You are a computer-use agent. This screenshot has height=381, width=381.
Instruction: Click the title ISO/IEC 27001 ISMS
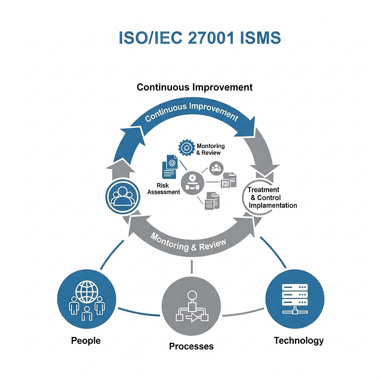(200, 38)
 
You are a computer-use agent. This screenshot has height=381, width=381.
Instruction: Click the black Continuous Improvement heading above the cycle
(195, 87)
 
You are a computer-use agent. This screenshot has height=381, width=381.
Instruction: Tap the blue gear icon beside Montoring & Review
(186, 148)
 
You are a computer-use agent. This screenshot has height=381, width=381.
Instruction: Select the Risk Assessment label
(163, 189)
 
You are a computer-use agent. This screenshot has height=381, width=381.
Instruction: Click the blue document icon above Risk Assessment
(170, 167)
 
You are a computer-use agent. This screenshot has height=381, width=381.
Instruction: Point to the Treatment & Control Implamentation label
(272, 197)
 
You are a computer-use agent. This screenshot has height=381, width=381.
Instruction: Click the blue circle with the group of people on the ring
(123, 196)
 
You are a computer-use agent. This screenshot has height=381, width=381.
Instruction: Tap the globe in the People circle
(87, 291)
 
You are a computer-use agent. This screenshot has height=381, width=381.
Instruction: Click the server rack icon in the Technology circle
(295, 299)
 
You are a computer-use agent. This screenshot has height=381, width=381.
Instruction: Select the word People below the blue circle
(86, 341)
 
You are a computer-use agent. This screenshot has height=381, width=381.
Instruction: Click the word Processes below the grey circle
(191, 346)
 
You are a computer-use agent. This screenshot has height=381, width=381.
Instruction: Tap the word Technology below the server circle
(299, 341)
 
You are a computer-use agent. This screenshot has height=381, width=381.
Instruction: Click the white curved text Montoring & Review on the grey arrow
(188, 244)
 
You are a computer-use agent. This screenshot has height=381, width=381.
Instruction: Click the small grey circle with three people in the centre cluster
(216, 168)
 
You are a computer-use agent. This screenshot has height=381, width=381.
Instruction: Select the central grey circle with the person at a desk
(192, 183)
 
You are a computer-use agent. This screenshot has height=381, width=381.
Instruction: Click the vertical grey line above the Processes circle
(192, 267)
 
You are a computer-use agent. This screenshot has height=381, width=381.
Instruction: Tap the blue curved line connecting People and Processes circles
(139, 313)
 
